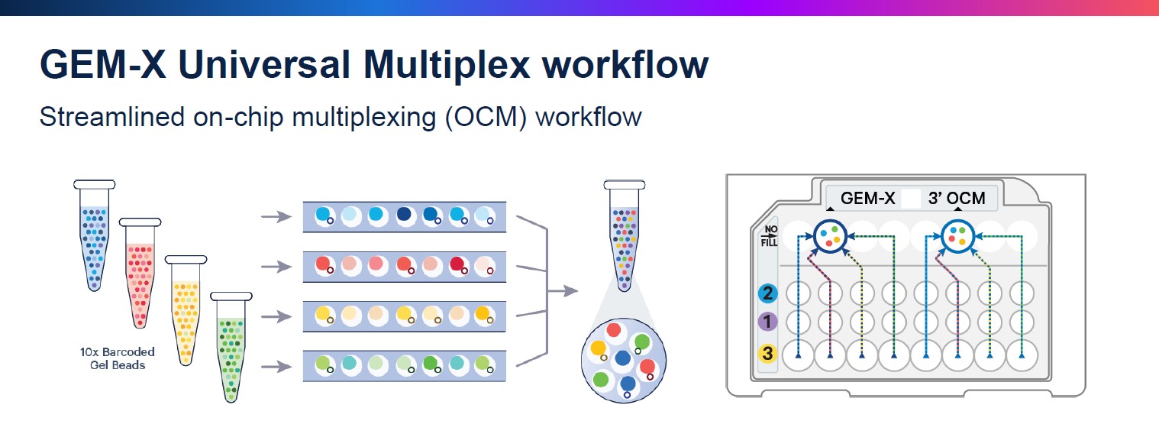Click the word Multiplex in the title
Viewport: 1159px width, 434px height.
[447, 65]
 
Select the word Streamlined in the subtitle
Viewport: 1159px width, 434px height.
[112, 117]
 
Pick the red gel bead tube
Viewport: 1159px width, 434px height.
[140, 273]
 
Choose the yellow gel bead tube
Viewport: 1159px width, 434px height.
[186, 310]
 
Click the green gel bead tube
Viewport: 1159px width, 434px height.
[231, 348]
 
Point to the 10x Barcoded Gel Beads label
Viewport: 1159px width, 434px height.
[118, 358]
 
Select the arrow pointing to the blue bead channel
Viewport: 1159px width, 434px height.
[277, 216]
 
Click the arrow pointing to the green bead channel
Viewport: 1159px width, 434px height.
[277, 367]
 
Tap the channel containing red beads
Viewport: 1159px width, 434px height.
[405, 267]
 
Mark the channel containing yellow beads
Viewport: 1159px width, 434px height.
[405, 316]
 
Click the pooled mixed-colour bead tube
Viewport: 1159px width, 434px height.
[625, 235]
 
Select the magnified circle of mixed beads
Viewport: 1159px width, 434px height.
[624, 361]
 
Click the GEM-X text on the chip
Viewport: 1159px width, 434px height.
[867, 198]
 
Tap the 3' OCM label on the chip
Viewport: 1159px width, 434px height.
[957, 198]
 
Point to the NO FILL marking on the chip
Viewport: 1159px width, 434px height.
[770, 235]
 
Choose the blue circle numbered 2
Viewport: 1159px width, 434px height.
[768, 293]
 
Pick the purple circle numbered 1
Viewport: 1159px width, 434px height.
[768, 322]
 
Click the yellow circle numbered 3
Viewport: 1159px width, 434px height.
[768, 354]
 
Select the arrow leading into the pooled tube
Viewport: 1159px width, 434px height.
[563, 291]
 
